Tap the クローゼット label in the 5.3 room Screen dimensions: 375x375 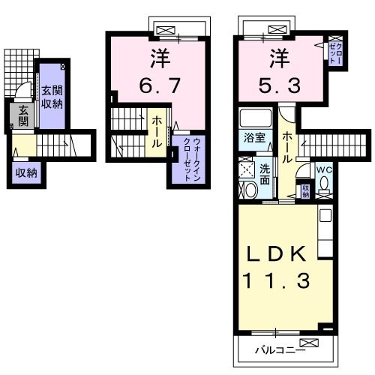point(334,53)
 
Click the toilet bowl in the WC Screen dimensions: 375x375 point(323,186)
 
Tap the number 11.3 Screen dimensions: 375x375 point(275,283)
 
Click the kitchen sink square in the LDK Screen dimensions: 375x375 point(324,216)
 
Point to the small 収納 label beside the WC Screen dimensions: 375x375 point(305,190)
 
